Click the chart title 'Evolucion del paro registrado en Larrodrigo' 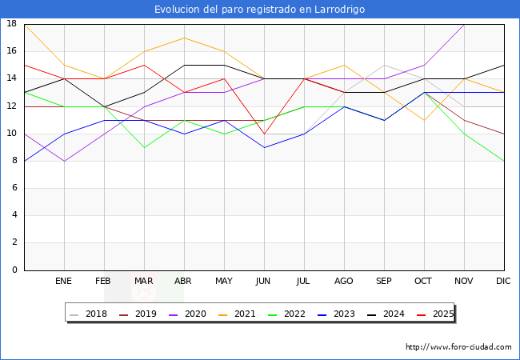pos(260,9)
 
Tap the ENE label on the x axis pos(64,282)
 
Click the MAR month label pos(144,282)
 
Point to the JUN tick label pos(264,282)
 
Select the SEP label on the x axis pos(384,282)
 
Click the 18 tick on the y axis pos(12,24)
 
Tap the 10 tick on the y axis pos(12,134)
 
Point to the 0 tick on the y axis pos(14,270)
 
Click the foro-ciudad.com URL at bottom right pos(458,347)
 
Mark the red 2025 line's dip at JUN pos(264,134)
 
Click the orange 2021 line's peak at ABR pos(184,38)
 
